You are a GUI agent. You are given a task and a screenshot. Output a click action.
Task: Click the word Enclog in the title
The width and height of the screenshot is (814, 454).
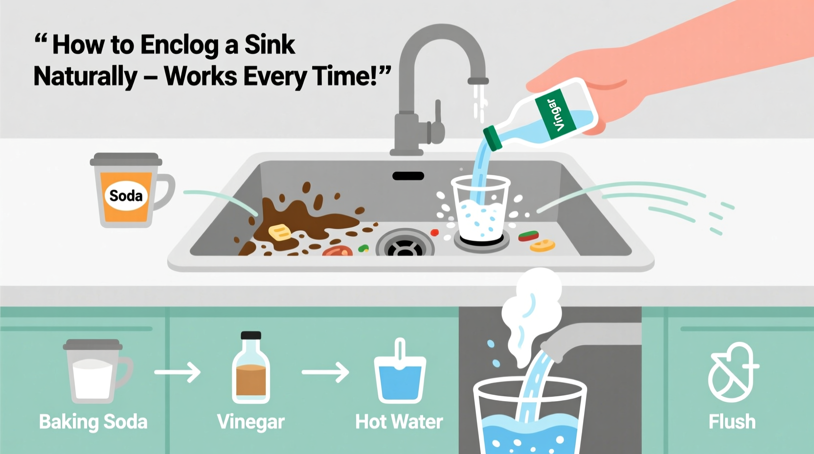179,45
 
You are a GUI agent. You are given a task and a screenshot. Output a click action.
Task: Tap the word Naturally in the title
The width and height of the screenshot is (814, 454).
86,77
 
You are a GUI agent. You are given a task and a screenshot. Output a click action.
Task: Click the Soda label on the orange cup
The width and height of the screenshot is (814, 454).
126,196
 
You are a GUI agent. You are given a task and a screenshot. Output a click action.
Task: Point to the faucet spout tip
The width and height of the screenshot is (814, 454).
478,81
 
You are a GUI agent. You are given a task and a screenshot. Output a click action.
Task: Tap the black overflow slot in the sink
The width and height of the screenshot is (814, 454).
408,176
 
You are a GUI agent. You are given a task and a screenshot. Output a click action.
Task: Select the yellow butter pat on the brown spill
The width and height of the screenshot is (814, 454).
279,232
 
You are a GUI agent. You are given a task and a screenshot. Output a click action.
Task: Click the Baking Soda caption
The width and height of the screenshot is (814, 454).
93,422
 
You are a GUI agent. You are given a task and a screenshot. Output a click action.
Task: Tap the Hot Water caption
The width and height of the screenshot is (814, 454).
399,422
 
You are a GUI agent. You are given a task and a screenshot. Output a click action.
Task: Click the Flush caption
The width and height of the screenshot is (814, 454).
732,422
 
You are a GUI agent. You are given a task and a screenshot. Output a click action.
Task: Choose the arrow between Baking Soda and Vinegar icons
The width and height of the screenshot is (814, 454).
178,372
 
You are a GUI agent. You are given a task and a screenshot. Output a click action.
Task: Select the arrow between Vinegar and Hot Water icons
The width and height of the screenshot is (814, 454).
325,372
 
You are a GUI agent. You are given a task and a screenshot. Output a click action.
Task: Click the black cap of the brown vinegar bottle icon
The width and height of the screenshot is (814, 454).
251,336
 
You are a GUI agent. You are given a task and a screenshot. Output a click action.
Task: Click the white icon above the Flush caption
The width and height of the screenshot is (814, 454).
732,372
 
